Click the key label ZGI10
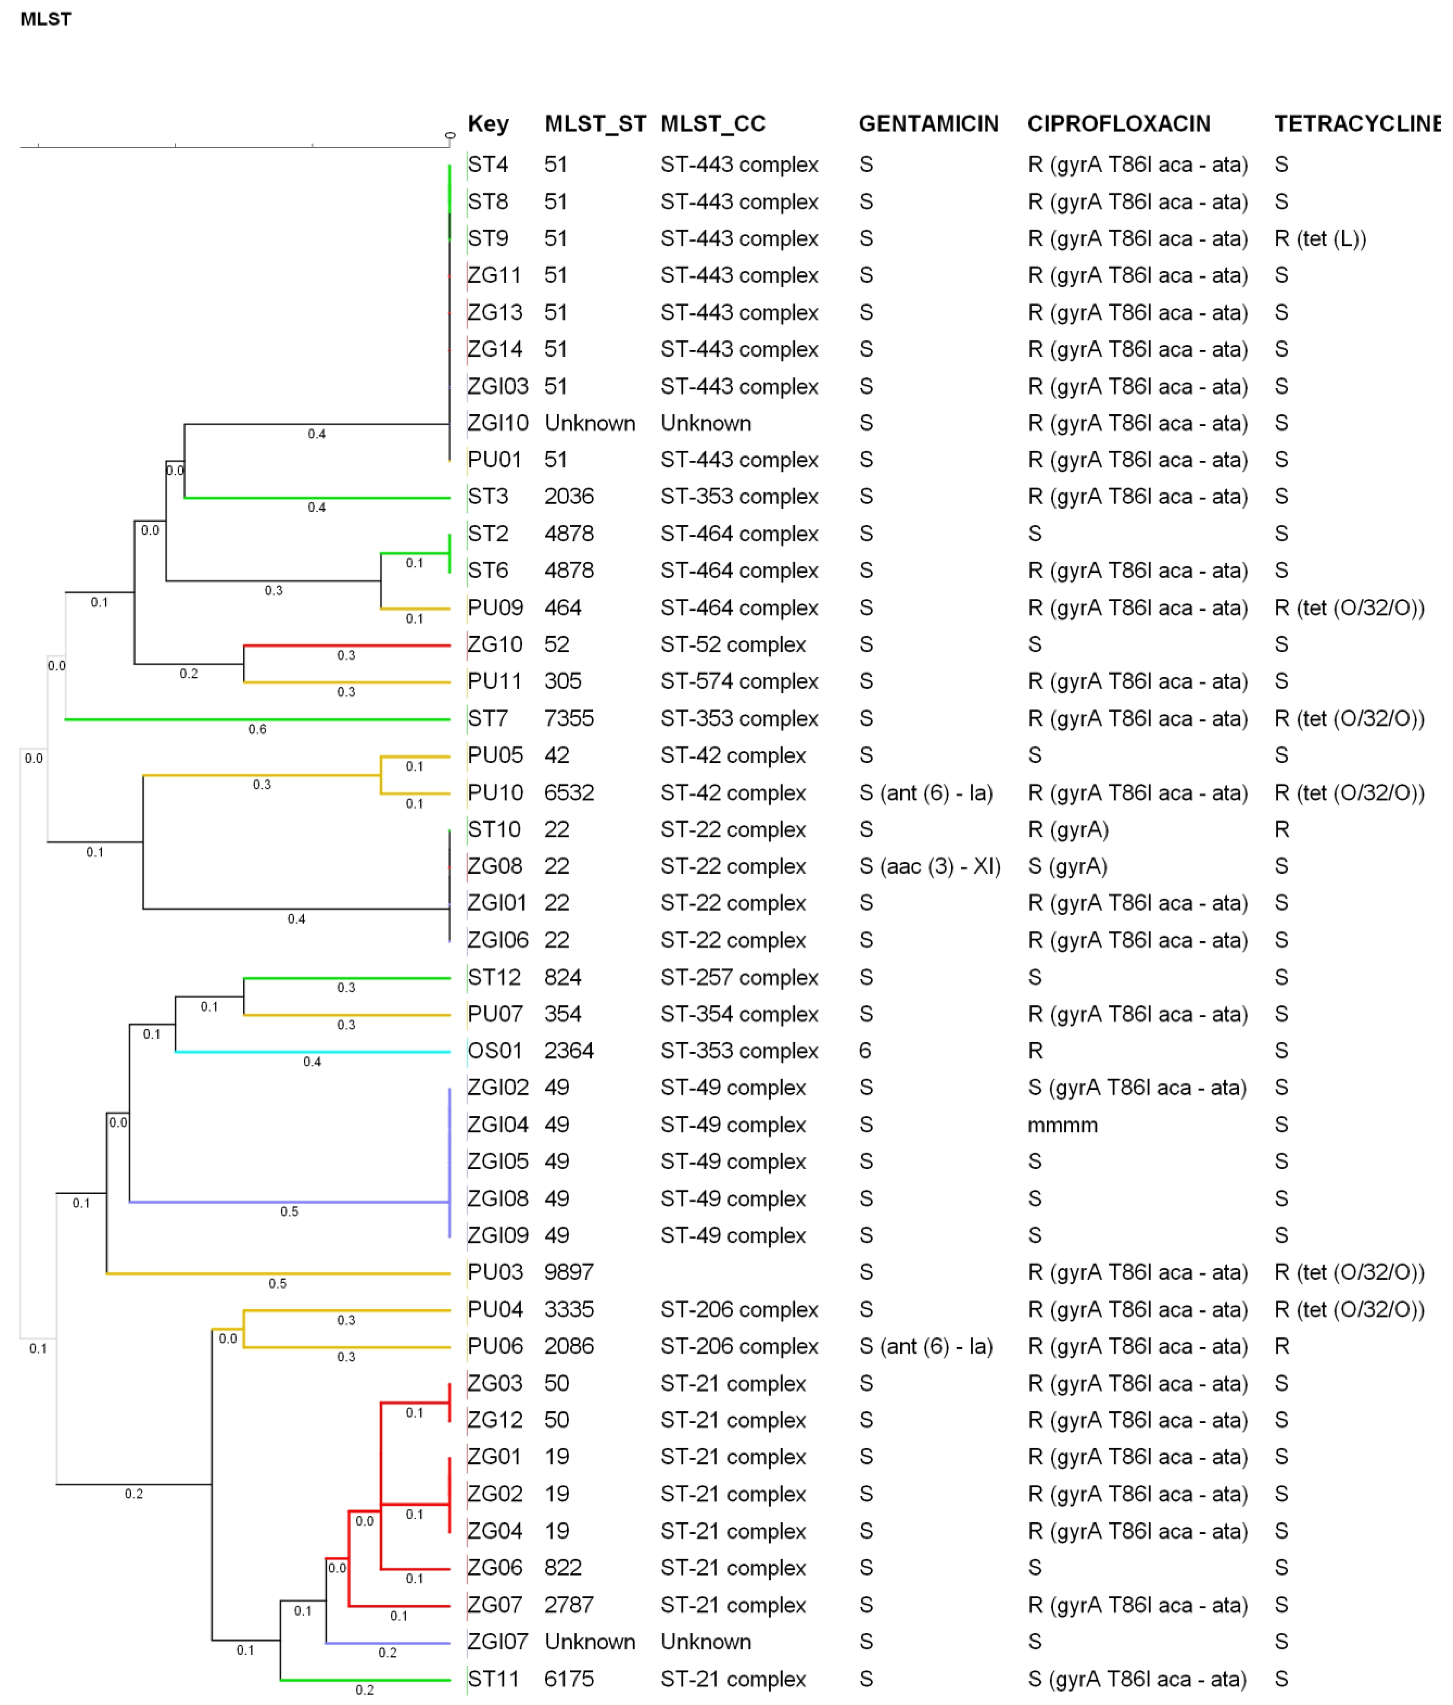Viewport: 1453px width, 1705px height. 497,423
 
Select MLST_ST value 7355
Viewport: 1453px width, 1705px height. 569,718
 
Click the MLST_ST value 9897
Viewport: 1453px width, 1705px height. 569,1272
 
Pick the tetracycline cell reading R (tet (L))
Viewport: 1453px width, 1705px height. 1320,239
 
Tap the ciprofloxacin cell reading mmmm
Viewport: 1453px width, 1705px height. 1062,1125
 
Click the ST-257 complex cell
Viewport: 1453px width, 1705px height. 739,977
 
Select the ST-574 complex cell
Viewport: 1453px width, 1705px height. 739,681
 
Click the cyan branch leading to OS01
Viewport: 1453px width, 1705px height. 313,1052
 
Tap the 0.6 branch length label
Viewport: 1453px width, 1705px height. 258,729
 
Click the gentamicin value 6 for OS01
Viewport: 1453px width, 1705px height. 865,1051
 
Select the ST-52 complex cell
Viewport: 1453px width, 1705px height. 732,644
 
